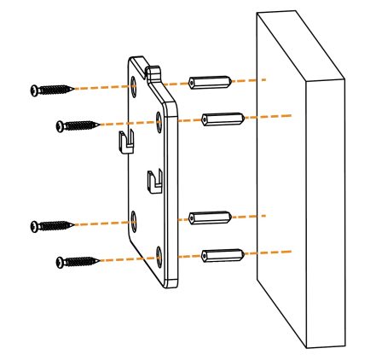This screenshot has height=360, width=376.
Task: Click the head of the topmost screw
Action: [x=35, y=90]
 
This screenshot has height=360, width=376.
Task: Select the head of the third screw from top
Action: [x=35, y=226]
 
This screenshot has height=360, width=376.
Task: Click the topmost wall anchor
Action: [x=209, y=84]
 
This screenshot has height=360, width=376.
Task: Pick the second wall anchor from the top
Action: [x=223, y=118]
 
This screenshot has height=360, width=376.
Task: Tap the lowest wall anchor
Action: [x=223, y=253]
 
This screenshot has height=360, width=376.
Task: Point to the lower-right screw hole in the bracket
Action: [x=160, y=254]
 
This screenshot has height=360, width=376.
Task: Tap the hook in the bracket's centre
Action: [x=153, y=180]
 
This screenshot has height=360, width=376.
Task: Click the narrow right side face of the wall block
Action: [x=326, y=213]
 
